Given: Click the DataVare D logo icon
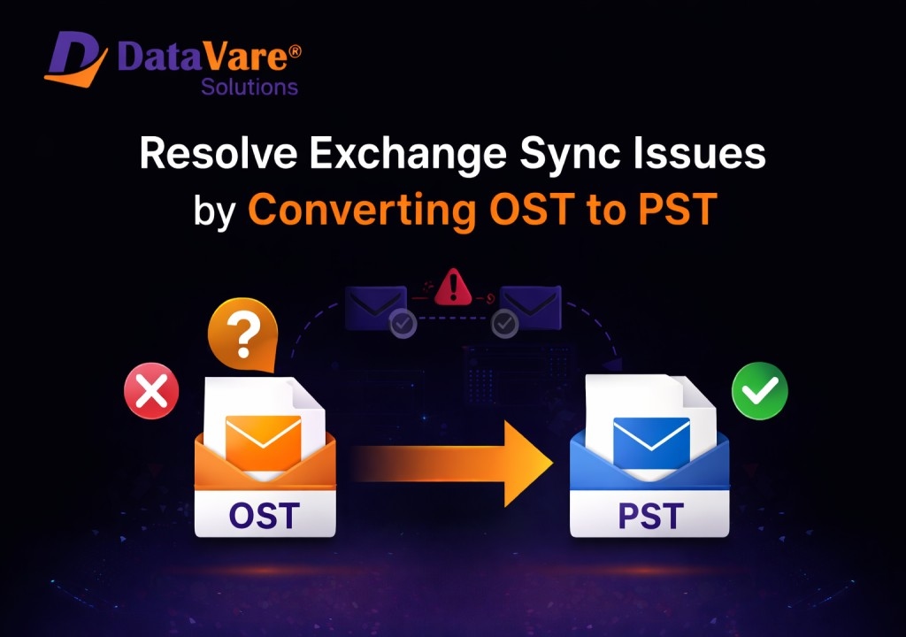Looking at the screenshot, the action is click(76, 59).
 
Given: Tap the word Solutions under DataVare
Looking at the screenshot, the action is click(249, 87).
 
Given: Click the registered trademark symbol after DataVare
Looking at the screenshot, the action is click(294, 51).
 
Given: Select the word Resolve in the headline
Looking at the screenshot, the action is click(219, 154).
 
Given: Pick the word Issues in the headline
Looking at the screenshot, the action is click(700, 154).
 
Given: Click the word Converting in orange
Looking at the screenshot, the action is click(362, 211).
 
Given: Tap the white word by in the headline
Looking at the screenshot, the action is click(214, 211).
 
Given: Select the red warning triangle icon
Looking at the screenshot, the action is click(454, 287).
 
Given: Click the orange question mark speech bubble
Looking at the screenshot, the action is click(243, 334).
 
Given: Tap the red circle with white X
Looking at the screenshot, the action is click(151, 391).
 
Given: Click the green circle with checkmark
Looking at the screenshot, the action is click(760, 391).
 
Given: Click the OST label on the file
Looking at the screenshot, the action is click(264, 516).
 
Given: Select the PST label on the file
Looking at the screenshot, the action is click(650, 516).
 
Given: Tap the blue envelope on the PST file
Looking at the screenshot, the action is click(651, 442).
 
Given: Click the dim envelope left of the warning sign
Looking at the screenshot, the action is click(376, 308).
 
